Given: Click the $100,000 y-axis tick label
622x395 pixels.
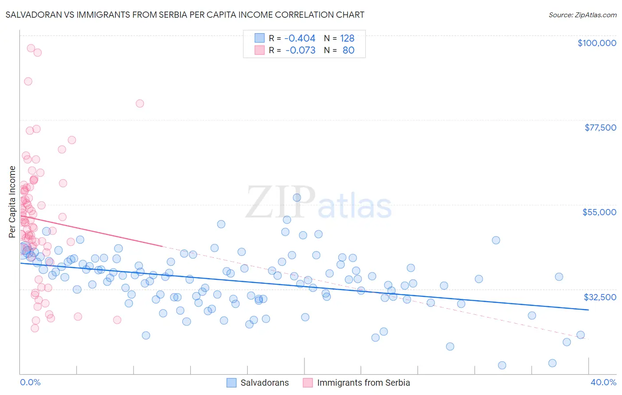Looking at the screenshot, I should point(596,43).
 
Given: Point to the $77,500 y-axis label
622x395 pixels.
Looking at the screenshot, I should point(600,128).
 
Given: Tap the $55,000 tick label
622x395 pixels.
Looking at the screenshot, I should point(599,212).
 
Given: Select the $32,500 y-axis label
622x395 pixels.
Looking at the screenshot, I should point(599,297).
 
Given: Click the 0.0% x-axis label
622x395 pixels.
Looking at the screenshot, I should point(30,382).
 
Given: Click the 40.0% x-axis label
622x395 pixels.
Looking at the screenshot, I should point(603,382).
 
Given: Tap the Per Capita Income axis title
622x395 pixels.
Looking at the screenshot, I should point(12,201).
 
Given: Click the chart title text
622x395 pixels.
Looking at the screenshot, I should point(185,15).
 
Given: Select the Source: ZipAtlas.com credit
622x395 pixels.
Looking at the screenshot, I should point(582,15).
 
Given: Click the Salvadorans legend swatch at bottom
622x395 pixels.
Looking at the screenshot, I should point(231,383).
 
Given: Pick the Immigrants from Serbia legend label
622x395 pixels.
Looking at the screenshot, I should point(363,383).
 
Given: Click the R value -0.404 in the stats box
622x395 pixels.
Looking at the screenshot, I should point(299,39).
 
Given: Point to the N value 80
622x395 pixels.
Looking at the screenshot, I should point(348,50).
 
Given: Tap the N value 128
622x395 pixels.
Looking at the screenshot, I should point(347,39).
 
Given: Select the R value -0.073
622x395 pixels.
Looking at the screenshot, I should point(300,50).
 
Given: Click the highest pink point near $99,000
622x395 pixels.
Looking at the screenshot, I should point(31,48).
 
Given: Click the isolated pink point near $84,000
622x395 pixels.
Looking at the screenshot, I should point(140,104).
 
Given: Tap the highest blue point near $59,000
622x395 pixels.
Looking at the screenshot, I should point(297,197).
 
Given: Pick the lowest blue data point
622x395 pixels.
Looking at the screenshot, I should point(502,365).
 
